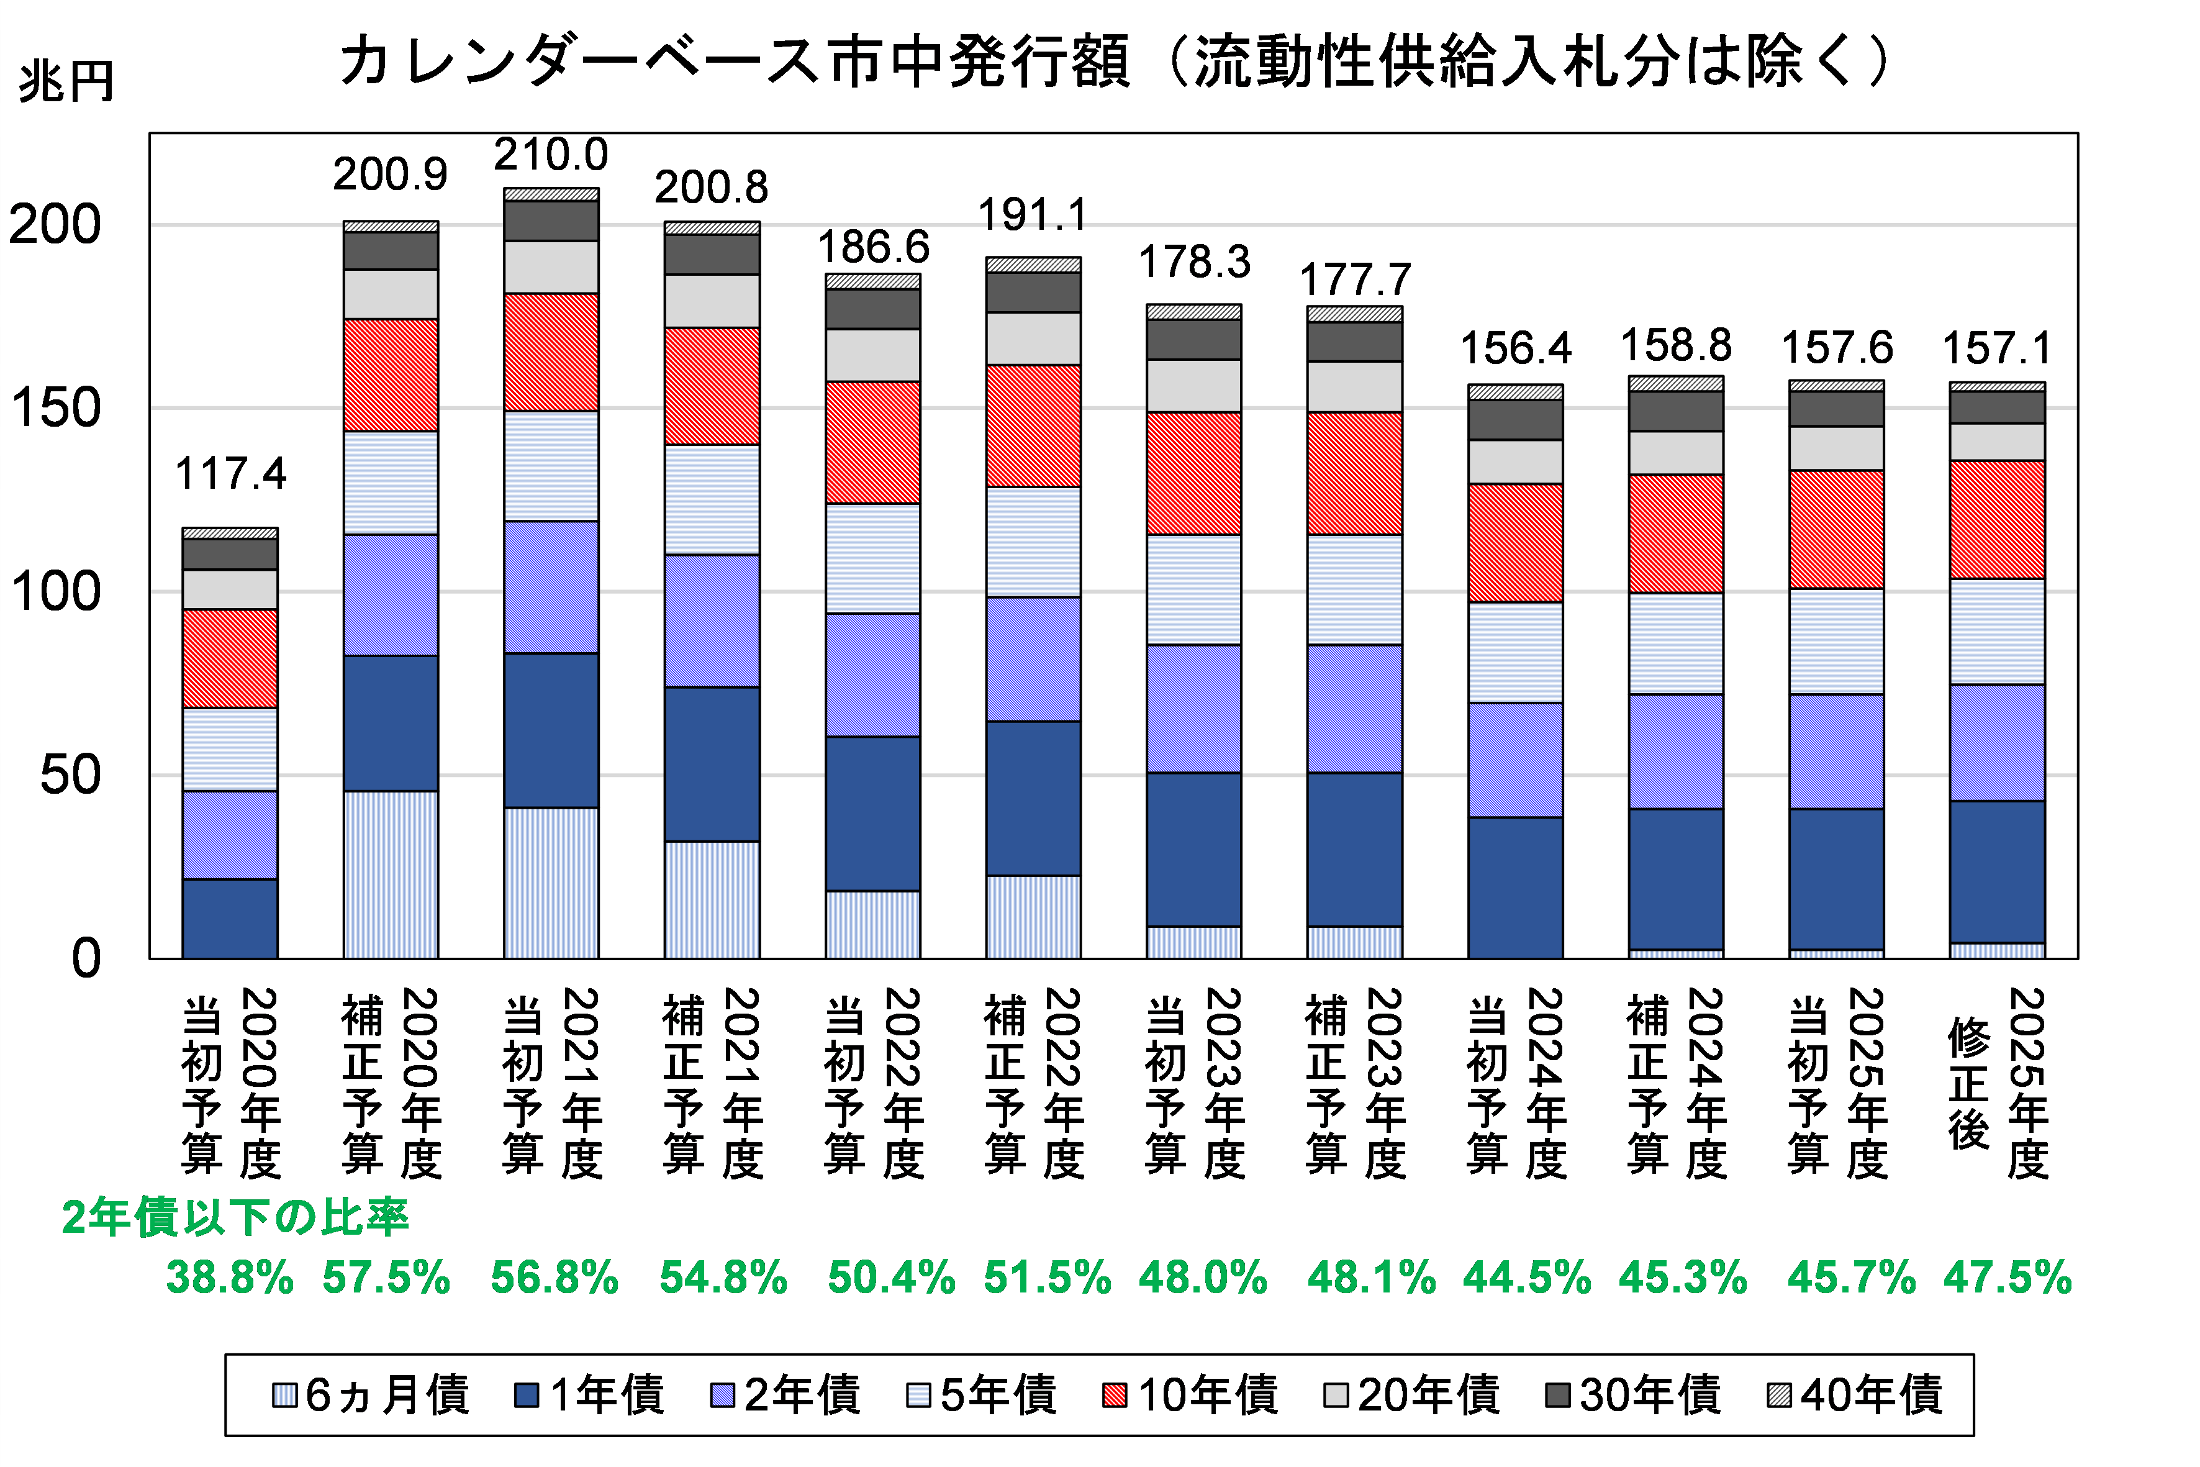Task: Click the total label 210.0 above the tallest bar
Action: [551, 155]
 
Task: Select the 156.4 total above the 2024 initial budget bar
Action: [1515, 349]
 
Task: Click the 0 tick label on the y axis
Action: [86, 959]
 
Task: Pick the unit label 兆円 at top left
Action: [65, 83]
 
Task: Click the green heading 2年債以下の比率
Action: [235, 1218]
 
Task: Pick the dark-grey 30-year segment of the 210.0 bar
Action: [551, 221]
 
